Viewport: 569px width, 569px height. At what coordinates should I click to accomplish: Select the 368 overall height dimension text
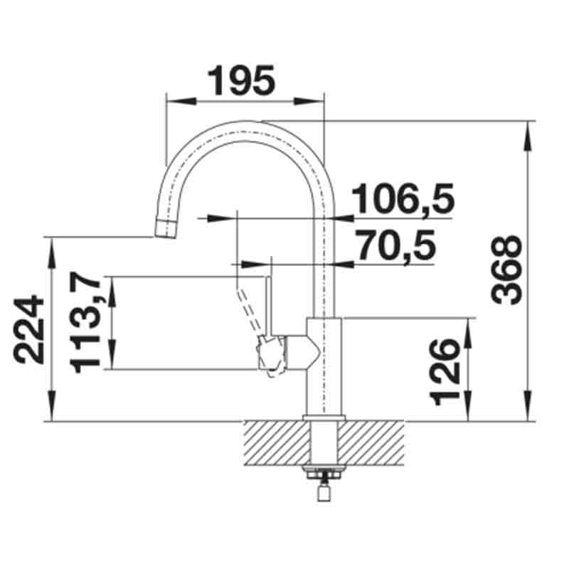coord(507,271)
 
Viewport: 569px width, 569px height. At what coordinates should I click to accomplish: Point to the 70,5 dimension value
coord(395,246)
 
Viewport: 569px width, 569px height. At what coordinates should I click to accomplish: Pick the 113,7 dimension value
coord(88,324)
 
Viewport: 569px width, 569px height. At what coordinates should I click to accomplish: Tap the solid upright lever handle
coord(269,302)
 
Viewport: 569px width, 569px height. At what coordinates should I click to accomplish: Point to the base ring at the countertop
coord(324,418)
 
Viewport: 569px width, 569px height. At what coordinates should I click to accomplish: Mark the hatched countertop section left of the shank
coord(277,441)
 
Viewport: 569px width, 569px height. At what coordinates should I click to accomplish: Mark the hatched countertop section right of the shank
coord(373,441)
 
